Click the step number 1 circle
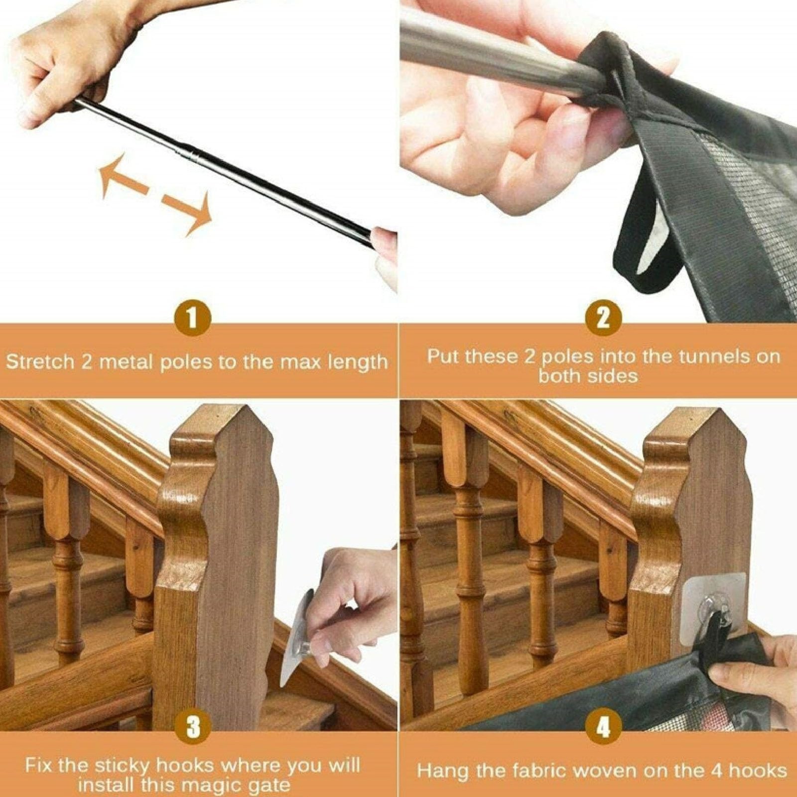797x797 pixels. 192,317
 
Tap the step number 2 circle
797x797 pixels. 603,317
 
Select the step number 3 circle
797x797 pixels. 193,726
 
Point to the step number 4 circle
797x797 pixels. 603,726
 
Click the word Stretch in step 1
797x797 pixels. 40,361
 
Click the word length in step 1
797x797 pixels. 357,363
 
